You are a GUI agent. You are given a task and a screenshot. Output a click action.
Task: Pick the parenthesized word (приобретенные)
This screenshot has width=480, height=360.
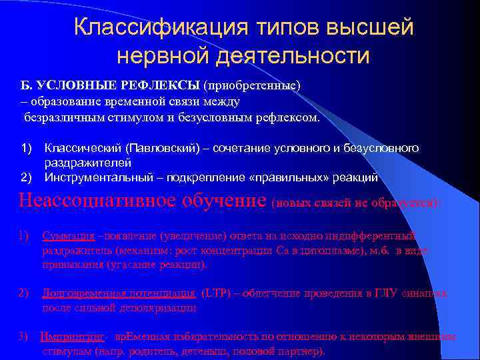coord(253,87)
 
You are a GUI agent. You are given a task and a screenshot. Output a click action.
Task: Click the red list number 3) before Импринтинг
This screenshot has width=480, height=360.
coord(23,337)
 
